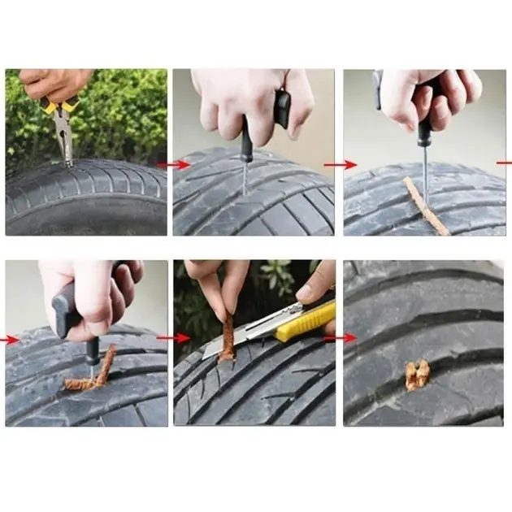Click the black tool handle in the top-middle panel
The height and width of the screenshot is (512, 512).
280,110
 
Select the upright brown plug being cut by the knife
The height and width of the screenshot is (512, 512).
228,337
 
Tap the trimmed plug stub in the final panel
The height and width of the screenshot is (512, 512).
418,375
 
